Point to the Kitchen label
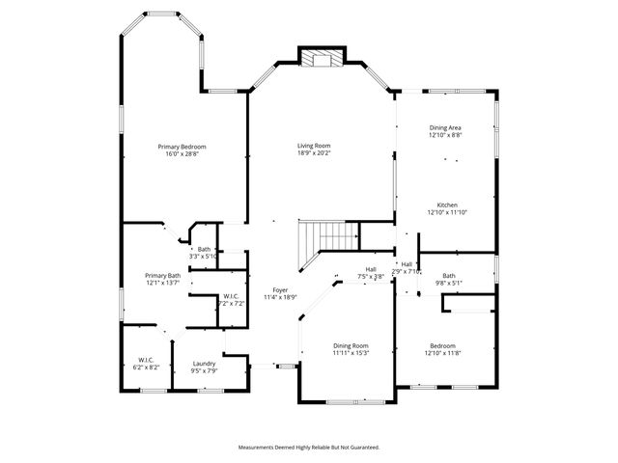[x=446, y=205]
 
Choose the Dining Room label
[x=351, y=345]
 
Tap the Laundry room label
[x=204, y=363]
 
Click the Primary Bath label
[x=163, y=276]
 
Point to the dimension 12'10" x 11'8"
[x=442, y=353]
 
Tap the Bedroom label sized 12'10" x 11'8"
[x=442, y=345]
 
